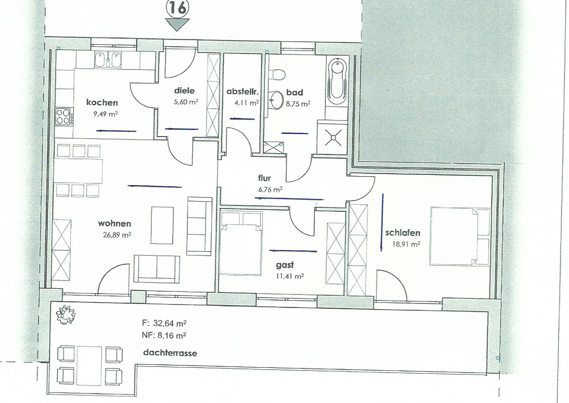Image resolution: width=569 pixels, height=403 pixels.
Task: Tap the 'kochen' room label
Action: click(x=102, y=102)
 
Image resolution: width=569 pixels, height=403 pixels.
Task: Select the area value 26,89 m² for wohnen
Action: click(x=117, y=235)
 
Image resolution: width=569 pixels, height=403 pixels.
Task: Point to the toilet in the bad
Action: click(x=278, y=74)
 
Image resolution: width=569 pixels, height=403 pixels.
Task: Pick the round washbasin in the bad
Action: click(x=276, y=100)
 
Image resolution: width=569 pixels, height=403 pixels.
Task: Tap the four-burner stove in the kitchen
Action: click(x=65, y=116)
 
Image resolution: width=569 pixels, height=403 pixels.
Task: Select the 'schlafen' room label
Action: click(x=403, y=233)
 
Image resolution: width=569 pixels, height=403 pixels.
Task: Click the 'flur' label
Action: click(x=265, y=178)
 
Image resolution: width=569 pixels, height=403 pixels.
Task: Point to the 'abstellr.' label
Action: click(x=242, y=91)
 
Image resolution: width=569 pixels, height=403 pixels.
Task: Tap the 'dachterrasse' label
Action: click(x=170, y=353)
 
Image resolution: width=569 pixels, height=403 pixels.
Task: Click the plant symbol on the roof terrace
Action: click(x=66, y=315)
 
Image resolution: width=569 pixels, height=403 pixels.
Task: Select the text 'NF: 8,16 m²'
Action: click(x=164, y=336)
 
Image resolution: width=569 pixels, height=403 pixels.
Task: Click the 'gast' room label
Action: click(x=285, y=265)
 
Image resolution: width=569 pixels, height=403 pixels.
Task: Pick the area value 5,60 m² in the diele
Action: click(x=186, y=102)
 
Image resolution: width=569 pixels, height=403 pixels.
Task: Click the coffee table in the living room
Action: click(x=163, y=225)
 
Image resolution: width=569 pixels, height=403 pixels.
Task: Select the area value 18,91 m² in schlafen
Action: click(x=406, y=244)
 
